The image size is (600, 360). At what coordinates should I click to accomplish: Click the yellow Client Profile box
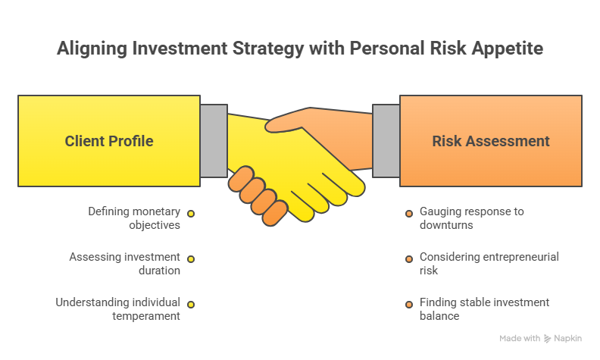click(x=109, y=141)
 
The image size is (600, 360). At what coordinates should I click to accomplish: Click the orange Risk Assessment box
click(x=491, y=141)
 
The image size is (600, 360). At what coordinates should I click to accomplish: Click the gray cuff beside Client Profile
click(x=214, y=141)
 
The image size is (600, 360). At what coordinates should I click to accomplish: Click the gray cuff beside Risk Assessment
click(x=386, y=141)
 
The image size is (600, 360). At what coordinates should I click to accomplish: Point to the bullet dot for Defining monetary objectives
click(x=191, y=214)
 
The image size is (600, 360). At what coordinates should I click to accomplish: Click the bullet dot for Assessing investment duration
click(x=191, y=259)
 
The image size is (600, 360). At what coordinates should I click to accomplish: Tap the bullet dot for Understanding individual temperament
click(x=191, y=305)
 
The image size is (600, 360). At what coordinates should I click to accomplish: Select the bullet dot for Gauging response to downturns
click(x=409, y=214)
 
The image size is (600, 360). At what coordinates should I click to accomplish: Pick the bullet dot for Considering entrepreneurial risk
click(x=409, y=259)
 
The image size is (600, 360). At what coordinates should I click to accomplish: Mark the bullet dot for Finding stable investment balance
click(x=409, y=305)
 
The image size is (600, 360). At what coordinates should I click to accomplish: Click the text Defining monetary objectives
click(x=134, y=218)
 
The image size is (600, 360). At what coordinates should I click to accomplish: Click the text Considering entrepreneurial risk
click(x=489, y=263)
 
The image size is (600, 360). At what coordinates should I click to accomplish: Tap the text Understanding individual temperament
click(x=118, y=308)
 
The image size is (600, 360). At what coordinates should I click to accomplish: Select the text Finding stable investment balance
click(x=483, y=308)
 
